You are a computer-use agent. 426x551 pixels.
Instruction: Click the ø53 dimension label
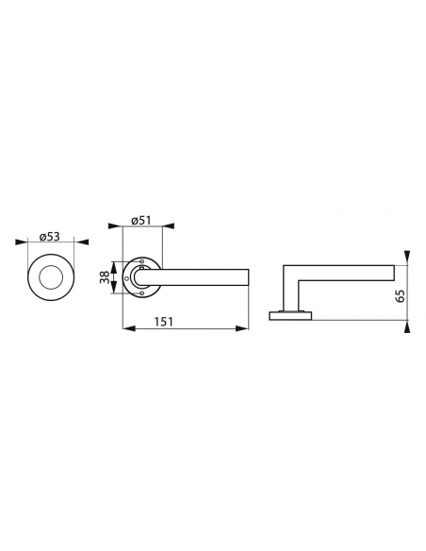coord(51,238)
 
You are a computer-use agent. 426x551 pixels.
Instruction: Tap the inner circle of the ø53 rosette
coord(52,278)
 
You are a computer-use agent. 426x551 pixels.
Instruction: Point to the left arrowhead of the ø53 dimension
coord(22,245)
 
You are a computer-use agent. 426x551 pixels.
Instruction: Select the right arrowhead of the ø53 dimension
coord(82,245)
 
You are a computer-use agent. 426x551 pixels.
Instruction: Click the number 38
coord(104,278)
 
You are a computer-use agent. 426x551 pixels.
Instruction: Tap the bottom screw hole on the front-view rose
coord(140,292)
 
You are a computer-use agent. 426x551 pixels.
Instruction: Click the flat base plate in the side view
coord(293,315)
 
